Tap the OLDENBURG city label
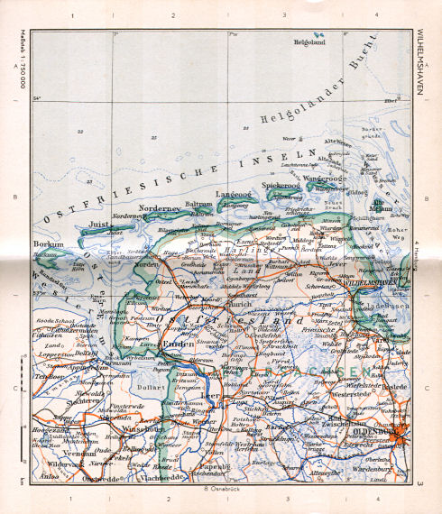click(385, 431)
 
